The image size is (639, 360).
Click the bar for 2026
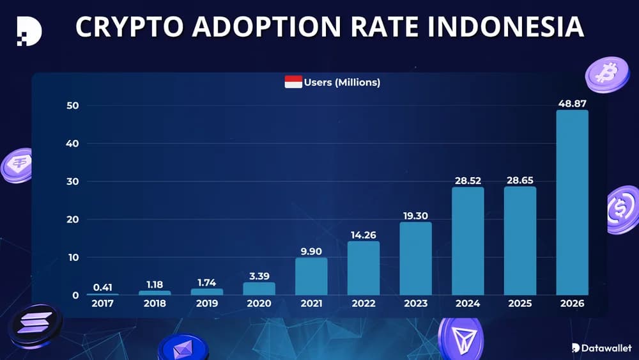coord(572,202)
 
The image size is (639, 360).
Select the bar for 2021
coord(311,276)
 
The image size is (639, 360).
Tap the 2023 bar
coord(415,258)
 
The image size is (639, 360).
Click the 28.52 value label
coord(468,181)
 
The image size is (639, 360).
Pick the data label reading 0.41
coord(102,287)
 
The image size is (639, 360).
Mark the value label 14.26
coord(364,235)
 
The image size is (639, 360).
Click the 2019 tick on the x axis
coord(207,304)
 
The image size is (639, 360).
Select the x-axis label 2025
coord(520,304)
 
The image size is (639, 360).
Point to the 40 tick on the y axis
coord(73,144)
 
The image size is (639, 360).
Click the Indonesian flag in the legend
coord(293,82)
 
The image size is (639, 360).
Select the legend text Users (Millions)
coord(342,82)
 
